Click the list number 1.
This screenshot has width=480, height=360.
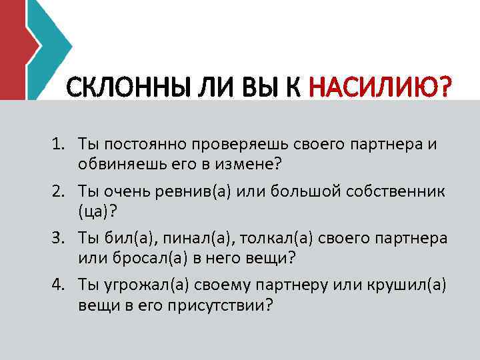pos(59,144)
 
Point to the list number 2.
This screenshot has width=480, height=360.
pos(59,192)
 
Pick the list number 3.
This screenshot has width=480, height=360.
pos(59,239)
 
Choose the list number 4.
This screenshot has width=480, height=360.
pos(59,285)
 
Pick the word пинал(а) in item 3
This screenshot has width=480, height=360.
pos(174,239)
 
